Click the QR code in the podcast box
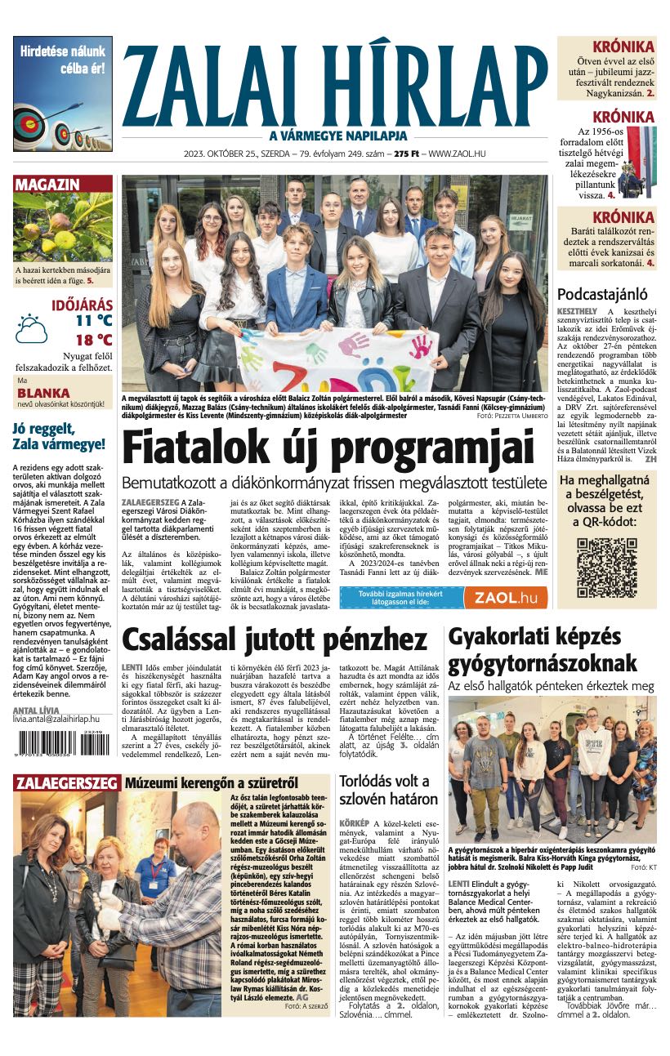tap(605, 568)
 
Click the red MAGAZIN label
tap(47, 185)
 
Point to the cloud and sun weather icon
tap(32, 328)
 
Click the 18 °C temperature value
tap(93, 340)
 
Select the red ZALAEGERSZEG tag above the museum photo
tap(66, 784)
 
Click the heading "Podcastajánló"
tap(602, 294)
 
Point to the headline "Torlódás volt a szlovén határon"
tap(388, 789)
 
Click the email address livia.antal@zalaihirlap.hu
tap(59, 718)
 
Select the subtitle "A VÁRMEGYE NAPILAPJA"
tap(337, 136)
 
